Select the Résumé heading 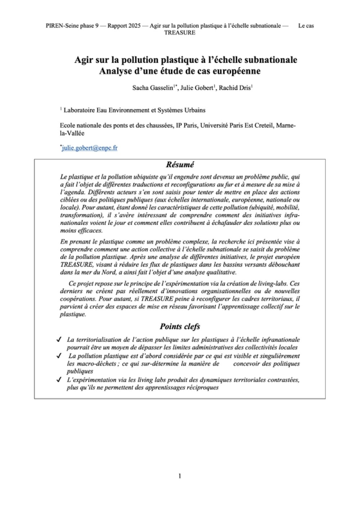coord(180,165)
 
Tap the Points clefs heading coord(180,327)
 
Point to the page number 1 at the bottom coord(180,476)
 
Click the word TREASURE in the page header coord(180,33)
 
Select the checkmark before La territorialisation coord(59,340)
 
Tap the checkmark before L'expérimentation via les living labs coord(59,380)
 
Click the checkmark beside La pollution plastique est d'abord coord(59,356)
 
